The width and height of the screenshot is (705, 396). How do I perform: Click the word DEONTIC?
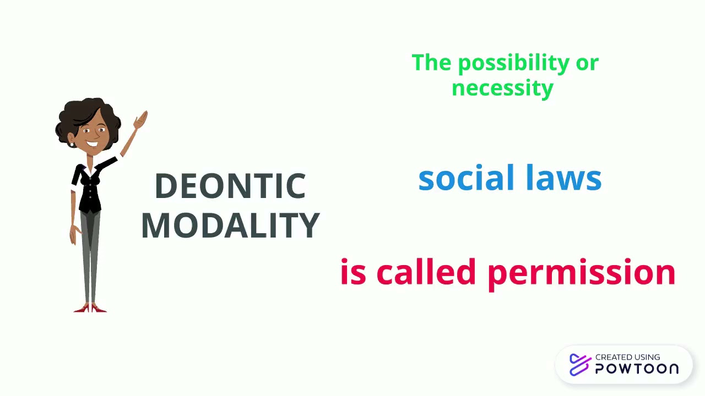[230, 186]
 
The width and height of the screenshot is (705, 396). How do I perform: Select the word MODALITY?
[230, 224]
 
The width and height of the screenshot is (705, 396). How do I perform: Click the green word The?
[431, 63]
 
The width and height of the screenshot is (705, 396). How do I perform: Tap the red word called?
[426, 272]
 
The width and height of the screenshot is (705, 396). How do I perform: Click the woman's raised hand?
[141, 119]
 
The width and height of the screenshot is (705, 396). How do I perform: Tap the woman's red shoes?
[90, 308]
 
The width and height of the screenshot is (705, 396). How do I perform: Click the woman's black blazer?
[89, 184]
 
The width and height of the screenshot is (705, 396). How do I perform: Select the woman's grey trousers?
[90, 253]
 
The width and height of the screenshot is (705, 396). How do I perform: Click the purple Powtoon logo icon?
[579, 364]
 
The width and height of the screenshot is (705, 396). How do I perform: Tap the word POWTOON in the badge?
[637, 369]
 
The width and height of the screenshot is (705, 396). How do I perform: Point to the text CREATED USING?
[627, 358]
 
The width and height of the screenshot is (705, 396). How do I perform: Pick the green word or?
[587, 63]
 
